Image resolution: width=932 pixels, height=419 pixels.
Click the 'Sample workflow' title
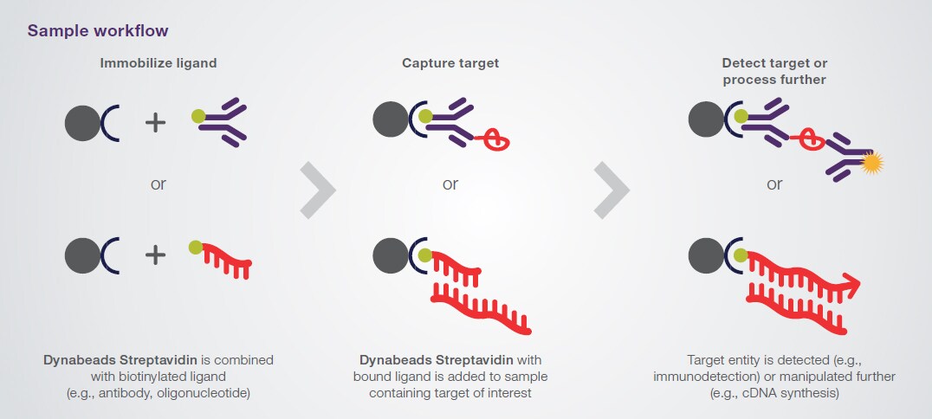[98, 30]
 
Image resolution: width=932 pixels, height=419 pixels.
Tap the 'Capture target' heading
[450, 62]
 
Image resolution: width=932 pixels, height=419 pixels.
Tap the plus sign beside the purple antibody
[155, 123]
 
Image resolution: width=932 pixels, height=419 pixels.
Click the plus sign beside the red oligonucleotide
[155, 255]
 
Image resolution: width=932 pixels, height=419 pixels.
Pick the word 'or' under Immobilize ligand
[158, 184]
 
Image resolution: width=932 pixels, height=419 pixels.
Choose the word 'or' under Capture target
[450, 184]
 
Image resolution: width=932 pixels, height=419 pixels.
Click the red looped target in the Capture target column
[496, 139]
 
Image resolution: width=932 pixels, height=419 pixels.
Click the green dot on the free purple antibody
[197, 115]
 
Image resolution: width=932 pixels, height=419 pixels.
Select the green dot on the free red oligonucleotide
[196, 248]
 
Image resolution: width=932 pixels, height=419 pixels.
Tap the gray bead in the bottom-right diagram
[705, 255]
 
